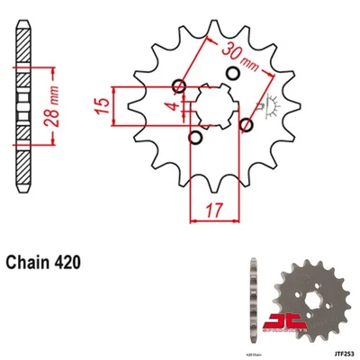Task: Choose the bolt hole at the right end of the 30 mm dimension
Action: coord(245,124)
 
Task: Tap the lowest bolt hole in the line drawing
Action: coord(195,139)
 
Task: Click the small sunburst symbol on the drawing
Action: coord(265,107)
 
